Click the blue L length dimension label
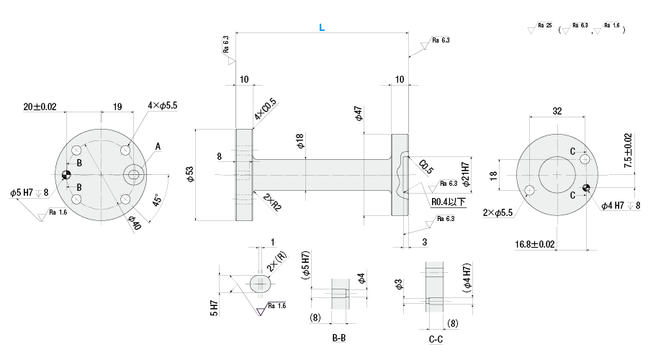pos(321,27)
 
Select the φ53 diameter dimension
pos(190,174)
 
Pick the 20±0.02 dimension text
pos(40,107)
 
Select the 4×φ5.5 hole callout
pos(162,105)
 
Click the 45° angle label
pos(156,199)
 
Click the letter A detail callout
pos(157,147)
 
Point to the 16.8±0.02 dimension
pos(535,245)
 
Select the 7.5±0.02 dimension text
pos(628,150)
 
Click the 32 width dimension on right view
pos(557,111)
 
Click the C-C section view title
pos(436,338)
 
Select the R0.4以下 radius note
pos(449,202)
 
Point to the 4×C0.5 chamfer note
pos(264,110)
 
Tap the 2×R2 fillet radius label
pos(272,201)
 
